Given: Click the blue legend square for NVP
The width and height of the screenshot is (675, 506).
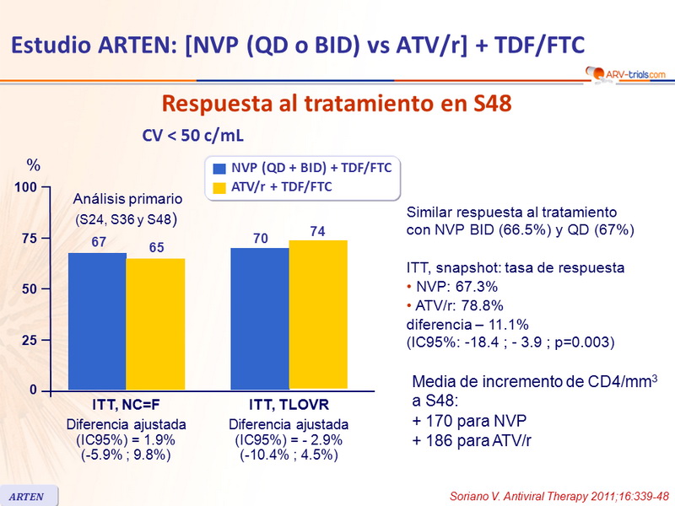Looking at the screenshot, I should click(220, 169).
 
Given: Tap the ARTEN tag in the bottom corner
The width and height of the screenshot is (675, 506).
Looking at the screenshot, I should click(28, 494).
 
